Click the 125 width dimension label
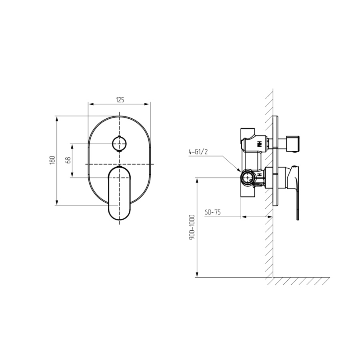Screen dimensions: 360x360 (x=120, y=100)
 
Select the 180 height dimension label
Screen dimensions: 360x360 (x=52, y=160)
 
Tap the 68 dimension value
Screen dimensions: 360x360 (x=68, y=160)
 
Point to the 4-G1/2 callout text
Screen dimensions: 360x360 (x=198, y=152)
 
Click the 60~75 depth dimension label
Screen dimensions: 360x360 (x=212, y=212)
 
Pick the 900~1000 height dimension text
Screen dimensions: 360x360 (x=192, y=227)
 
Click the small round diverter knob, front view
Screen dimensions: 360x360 (x=119, y=144)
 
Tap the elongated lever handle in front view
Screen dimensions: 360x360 (x=119, y=193)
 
